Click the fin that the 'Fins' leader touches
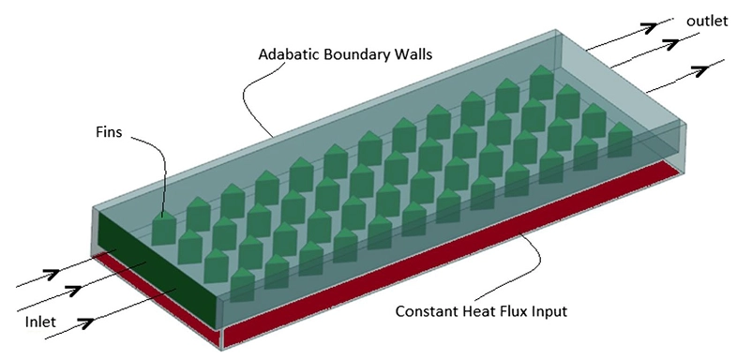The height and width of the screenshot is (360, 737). (x=164, y=228)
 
